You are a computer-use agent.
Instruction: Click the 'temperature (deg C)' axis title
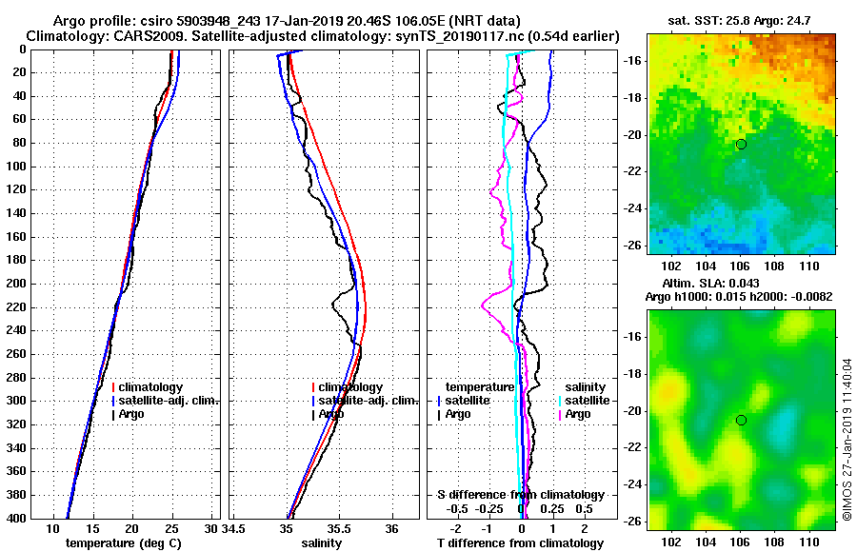(x=123, y=542)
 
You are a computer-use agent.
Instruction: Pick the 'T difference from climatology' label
(x=520, y=542)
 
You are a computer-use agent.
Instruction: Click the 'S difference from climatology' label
(x=520, y=495)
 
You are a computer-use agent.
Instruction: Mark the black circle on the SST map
(x=741, y=144)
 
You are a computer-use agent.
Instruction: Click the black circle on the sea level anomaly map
(x=741, y=420)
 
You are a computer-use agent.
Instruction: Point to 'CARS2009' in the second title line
(x=130, y=36)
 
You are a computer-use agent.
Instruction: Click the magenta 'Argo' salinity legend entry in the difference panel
(x=580, y=414)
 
